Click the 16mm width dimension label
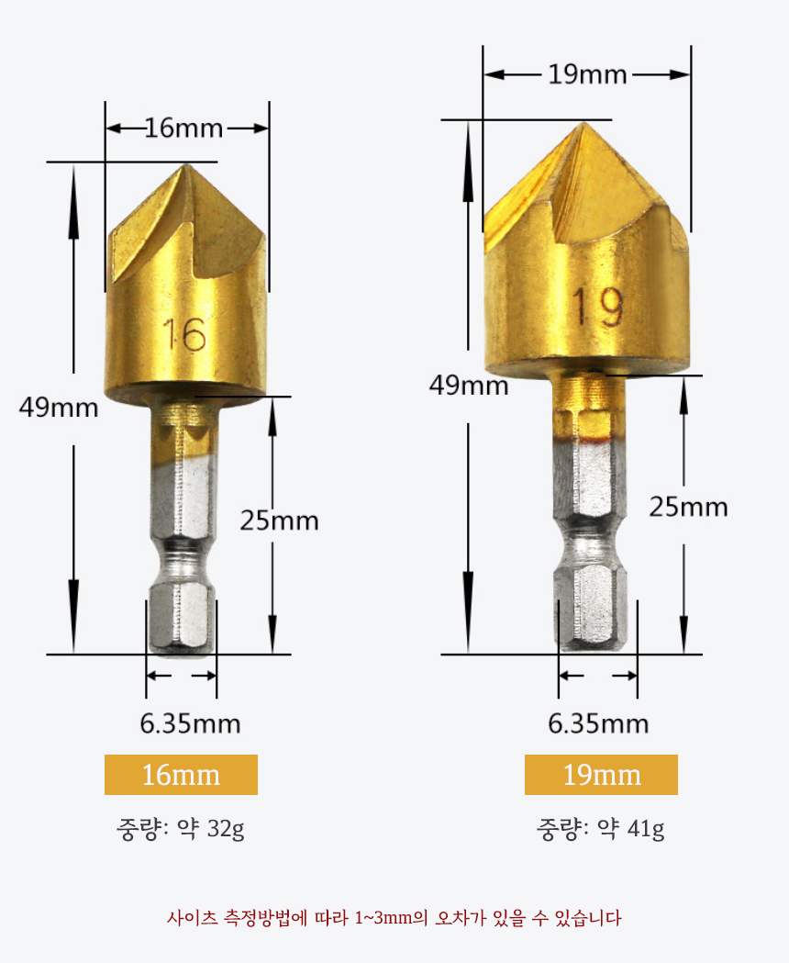183,129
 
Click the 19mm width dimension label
587,74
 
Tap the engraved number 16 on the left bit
184,335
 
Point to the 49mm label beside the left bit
59,408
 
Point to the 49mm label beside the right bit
469,386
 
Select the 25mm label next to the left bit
280,521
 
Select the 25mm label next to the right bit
688,507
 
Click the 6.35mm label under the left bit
190,723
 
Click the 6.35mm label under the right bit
599,723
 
